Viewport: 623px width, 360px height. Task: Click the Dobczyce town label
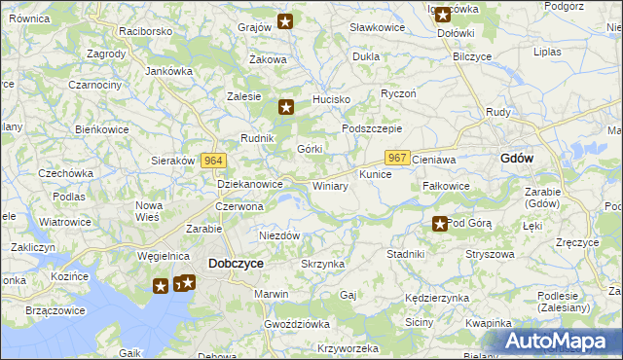pos(236,263)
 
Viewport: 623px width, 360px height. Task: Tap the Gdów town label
pos(516,158)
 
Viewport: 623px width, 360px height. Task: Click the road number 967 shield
pos(397,157)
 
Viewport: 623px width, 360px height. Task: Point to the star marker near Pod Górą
pos(440,225)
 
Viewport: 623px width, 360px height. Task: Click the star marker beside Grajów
pos(285,21)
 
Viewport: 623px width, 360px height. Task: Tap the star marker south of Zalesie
pos(285,108)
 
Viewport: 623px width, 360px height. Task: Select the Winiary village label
pos(330,186)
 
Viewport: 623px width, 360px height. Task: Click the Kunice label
pos(375,175)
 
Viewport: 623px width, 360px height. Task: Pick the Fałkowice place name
pos(447,186)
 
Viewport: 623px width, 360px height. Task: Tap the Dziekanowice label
pos(250,183)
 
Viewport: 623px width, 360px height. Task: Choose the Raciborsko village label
pos(146,31)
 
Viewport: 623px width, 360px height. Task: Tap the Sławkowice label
pos(377,27)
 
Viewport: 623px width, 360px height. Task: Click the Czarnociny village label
pos(94,86)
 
